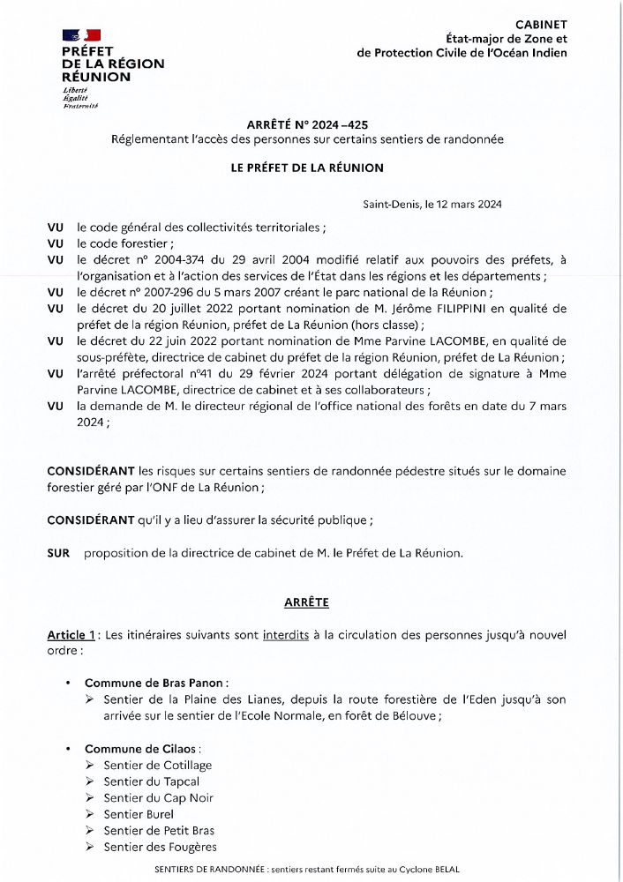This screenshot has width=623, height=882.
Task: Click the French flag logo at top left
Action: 82,34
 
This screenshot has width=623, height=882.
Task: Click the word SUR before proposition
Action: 58,553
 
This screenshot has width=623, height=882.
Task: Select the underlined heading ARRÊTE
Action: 306,602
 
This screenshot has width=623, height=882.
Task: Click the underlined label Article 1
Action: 71,635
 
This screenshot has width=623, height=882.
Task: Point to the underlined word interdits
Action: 286,635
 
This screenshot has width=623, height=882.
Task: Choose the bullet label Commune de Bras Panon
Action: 155,683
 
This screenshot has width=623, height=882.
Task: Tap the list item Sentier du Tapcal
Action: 151,781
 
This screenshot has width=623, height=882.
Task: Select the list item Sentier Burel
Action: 139,814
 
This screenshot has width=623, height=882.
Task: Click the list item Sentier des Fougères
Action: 160,847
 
